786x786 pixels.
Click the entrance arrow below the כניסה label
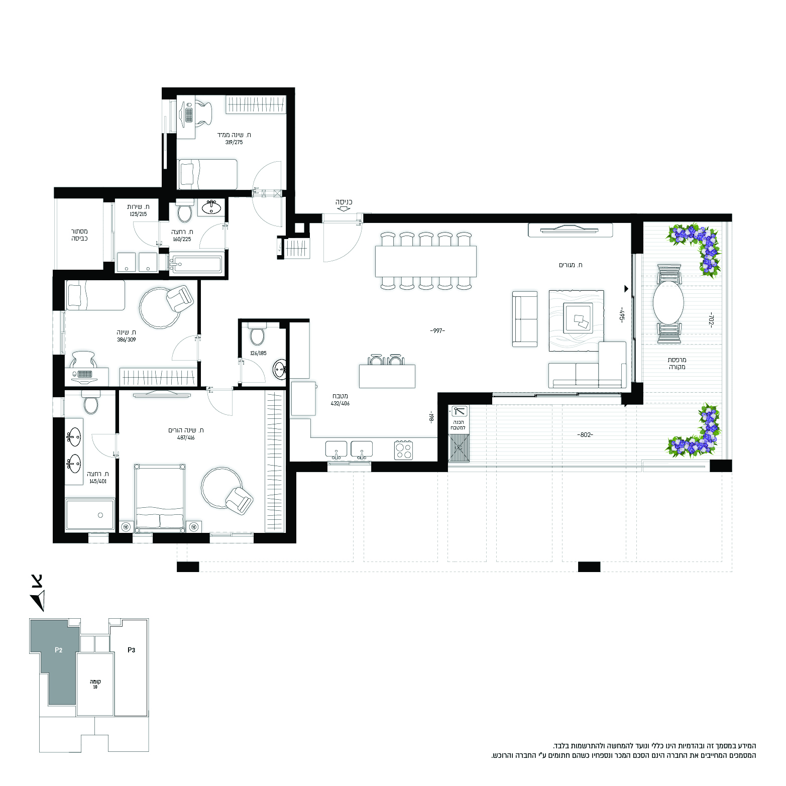pyautogui.click(x=344, y=208)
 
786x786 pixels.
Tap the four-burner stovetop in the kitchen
pyautogui.click(x=404, y=450)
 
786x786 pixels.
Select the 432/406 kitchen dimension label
pyautogui.click(x=340, y=404)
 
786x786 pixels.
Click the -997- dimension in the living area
pyautogui.click(x=437, y=330)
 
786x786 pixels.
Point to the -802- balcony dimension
pyautogui.click(x=585, y=435)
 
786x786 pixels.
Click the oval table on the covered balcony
pyautogui.click(x=668, y=302)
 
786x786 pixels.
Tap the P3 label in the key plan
pyautogui.click(x=131, y=650)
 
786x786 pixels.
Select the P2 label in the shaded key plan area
pyautogui.click(x=59, y=650)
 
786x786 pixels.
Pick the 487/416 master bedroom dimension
pyautogui.click(x=186, y=438)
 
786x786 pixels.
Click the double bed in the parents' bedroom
pyautogui.click(x=160, y=497)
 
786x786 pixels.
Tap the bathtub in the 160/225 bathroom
pyautogui.click(x=196, y=265)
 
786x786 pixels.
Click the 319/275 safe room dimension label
pyautogui.click(x=234, y=143)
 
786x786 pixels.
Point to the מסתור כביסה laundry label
pyautogui.click(x=79, y=235)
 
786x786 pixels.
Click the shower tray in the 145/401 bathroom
pyautogui.click(x=90, y=514)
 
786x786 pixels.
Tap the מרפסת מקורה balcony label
pyautogui.click(x=677, y=364)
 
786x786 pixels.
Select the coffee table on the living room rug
pyautogui.click(x=578, y=318)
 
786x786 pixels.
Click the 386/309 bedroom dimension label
pyautogui.click(x=127, y=340)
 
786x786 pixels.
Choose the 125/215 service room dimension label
pyautogui.click(x=138, y=214)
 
